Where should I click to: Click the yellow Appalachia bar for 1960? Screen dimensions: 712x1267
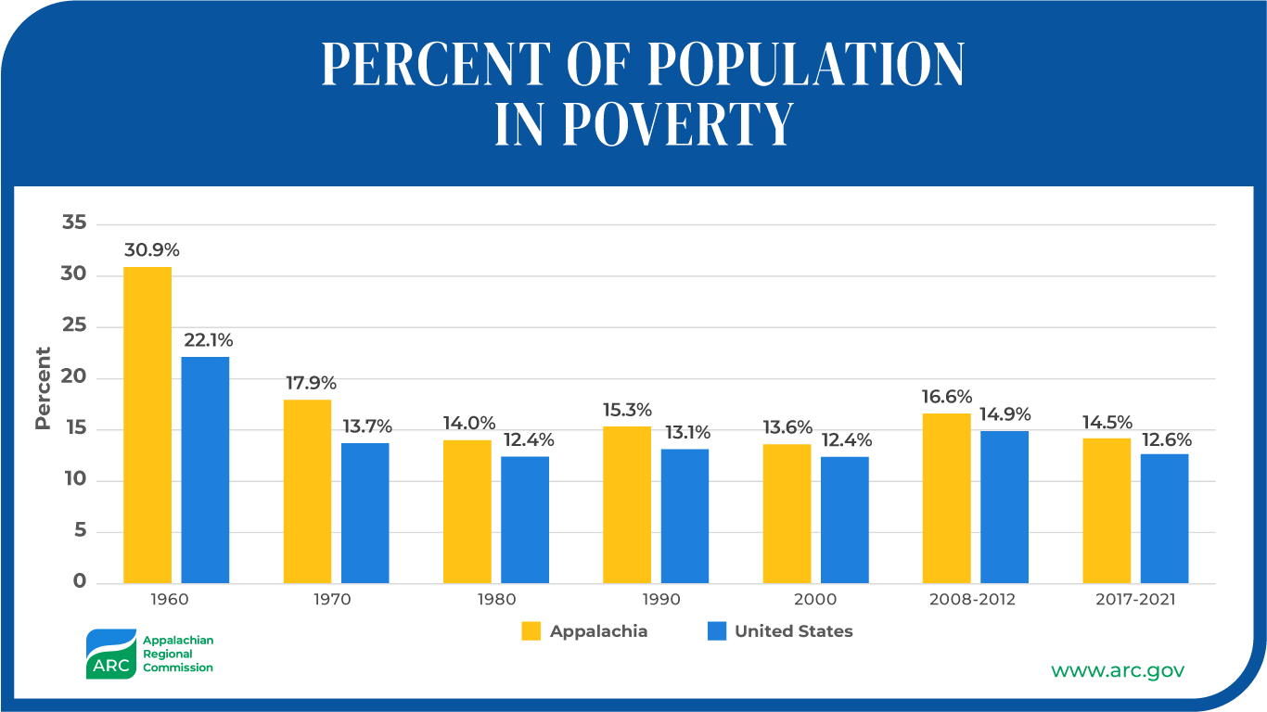[147, 425]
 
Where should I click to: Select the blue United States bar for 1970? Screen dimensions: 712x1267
[365, 513]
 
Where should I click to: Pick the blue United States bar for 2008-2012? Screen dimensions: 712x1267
[1005, 506]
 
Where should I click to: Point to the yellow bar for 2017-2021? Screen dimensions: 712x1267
[1107, 510]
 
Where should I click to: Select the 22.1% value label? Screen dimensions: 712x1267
[207, 340]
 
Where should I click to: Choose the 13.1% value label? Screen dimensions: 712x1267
[685, 432]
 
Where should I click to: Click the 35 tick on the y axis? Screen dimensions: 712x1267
[74, 223]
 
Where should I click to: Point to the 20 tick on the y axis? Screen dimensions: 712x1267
[74, 377]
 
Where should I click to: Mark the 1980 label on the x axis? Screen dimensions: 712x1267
[496, 599]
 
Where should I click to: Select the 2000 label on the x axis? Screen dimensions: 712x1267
[816, 599]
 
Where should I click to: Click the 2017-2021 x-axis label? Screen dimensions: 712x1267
[1136, 599]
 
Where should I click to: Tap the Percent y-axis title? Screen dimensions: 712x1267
[43, 388]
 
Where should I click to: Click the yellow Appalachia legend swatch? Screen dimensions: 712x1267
[531, 631]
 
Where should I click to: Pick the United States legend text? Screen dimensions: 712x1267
[793, 631]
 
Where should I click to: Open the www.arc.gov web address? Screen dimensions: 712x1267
[1117, 670]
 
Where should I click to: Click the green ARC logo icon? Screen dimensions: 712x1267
[110, 654]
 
